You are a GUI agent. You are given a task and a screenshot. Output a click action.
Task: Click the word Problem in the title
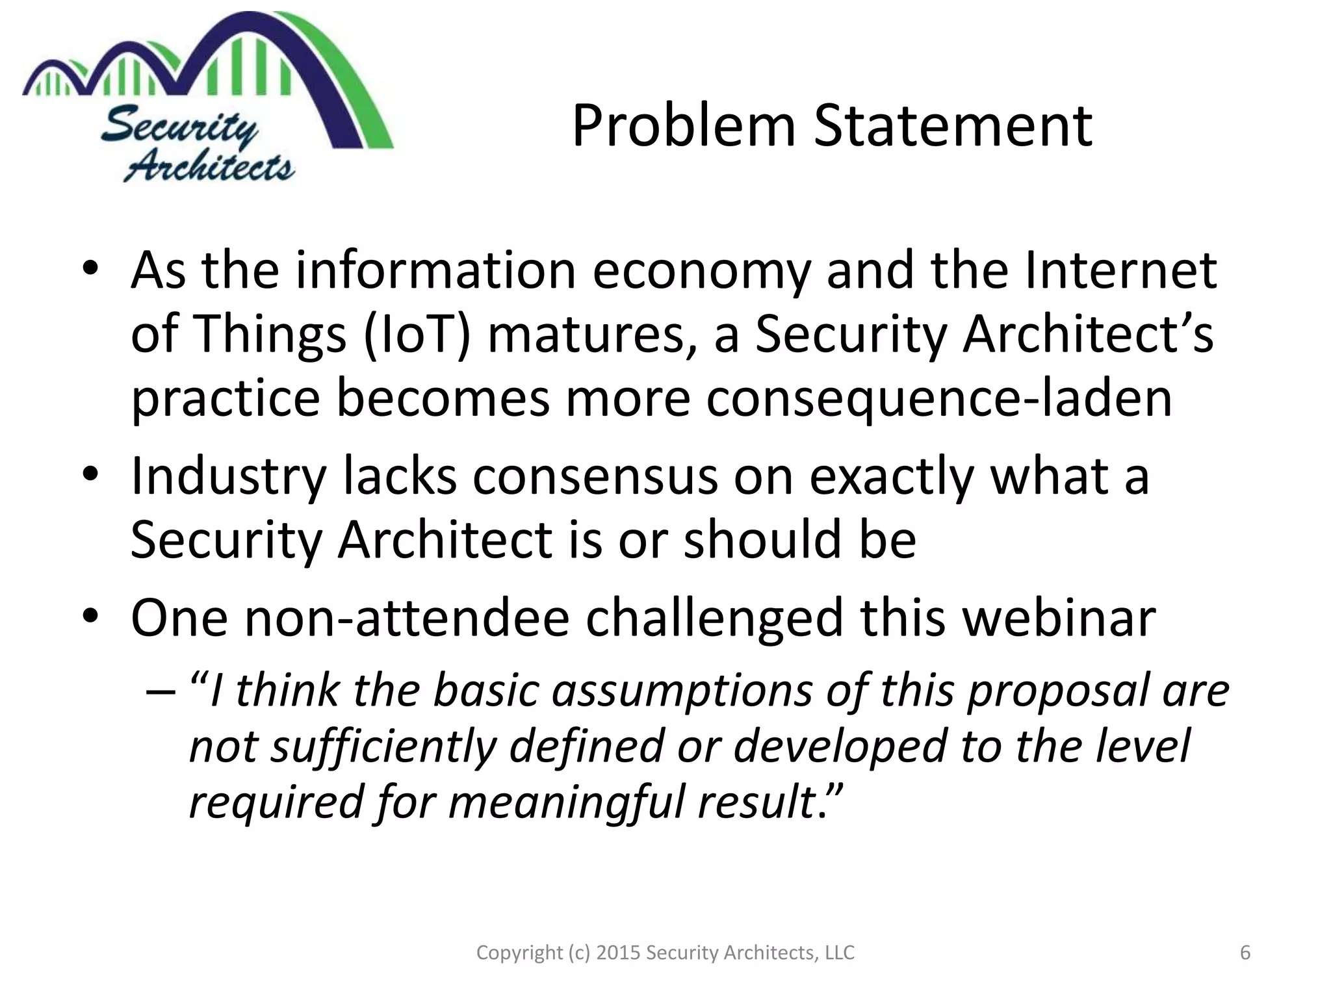684,127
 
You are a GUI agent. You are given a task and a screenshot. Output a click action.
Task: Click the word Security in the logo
179,125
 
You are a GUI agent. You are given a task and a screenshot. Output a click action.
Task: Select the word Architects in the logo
209,167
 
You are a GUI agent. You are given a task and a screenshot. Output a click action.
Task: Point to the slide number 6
1245,953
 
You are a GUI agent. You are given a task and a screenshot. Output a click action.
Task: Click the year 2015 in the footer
618,953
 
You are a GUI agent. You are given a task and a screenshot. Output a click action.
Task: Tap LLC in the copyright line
839,953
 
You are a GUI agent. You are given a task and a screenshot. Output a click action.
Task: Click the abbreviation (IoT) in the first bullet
417,334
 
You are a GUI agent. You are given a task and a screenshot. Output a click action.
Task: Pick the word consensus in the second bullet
595,476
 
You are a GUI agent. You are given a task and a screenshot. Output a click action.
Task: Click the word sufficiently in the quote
383,746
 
